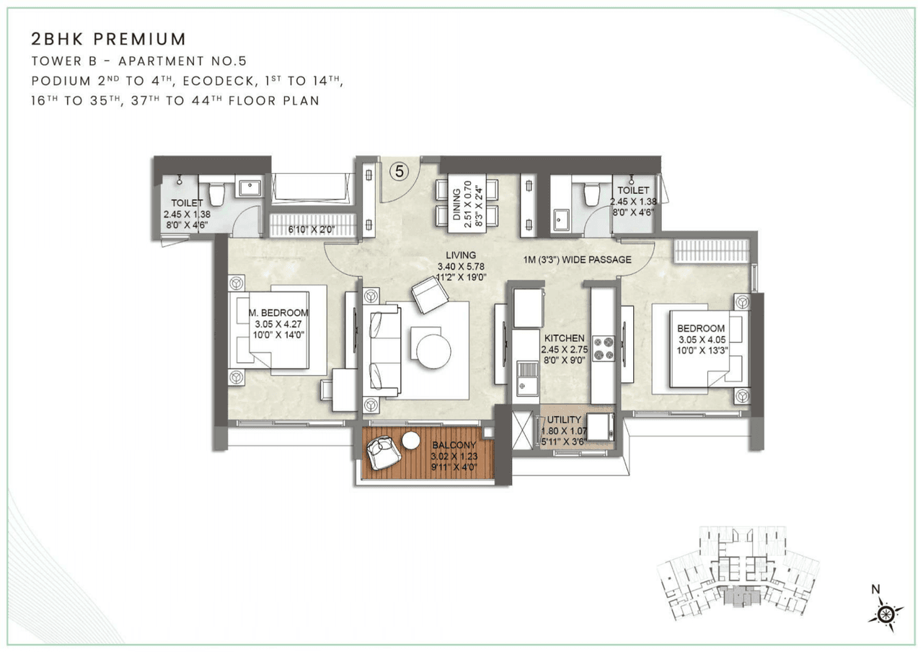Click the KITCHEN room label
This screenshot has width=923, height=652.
[564, 338]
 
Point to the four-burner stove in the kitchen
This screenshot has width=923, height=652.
[603, 347]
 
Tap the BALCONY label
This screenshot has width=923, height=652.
[454, 446]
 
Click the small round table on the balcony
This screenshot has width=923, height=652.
[411, 440]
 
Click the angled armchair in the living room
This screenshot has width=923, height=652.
[430, 295]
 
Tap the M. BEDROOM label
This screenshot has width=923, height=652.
[278, 313]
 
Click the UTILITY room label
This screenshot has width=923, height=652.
[564, 420]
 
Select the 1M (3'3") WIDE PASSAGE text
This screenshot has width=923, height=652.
[578, 260]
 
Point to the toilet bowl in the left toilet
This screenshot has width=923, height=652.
[216, 193]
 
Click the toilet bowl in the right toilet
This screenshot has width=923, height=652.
[591, 193]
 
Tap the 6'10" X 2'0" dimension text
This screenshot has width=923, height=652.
[312, 229]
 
